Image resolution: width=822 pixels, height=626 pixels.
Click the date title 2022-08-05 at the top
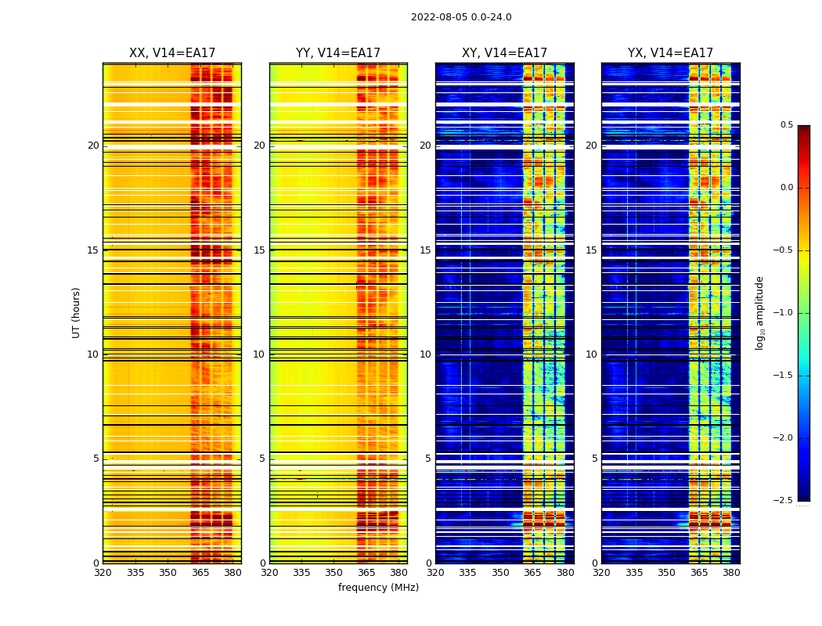pyautogui.click(x=461, y=17)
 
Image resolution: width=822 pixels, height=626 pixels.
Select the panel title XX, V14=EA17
pyautogui.click(x=172, y=53)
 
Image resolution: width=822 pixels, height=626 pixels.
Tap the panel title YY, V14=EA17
pyautogui.click(x=338, y=53)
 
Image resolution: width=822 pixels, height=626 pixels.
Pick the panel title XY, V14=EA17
pyautogui.click(x=504, y=53)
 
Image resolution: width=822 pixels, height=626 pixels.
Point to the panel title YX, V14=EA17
pyautogui.click(x=670, y=53)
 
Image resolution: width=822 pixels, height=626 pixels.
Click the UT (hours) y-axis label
pyautogui.click(x=76, y=312)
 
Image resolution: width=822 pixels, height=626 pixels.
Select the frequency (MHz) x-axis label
pyautogui.click(x=378, y=588)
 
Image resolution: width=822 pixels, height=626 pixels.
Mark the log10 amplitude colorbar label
pyautogui.click(x=759, y=312)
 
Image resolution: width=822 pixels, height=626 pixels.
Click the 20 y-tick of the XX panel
pyautogui.click(x=93, y=146)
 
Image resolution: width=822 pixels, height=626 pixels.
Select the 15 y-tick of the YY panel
pyautogui.click(x=259, y=250)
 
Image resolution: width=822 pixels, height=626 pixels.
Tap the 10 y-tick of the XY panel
pyautogui.click(x=425, y=354)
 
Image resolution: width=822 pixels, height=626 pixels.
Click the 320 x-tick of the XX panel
pyautogui.click(x=103, y=573)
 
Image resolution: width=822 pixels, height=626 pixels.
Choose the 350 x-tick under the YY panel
pyautogui.click(x=334, y=573)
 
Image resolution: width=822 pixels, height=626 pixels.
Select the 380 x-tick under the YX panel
pyautogui.click(x=731, y=573)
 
